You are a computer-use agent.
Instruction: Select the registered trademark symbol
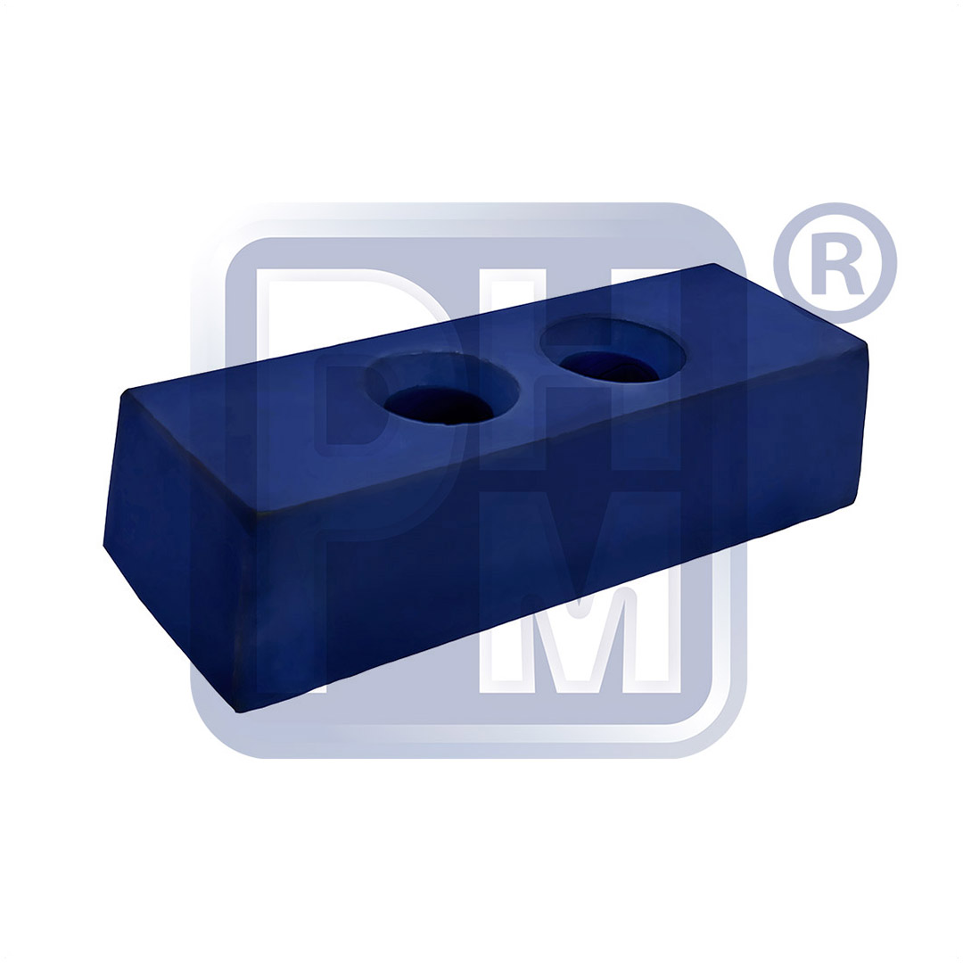click(835, 263)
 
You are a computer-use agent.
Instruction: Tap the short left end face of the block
click(178, 544)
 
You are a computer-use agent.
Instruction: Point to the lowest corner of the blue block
click(237, 711)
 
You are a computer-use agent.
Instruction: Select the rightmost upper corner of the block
click(867, 342)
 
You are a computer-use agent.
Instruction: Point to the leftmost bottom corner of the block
click(104, 545)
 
